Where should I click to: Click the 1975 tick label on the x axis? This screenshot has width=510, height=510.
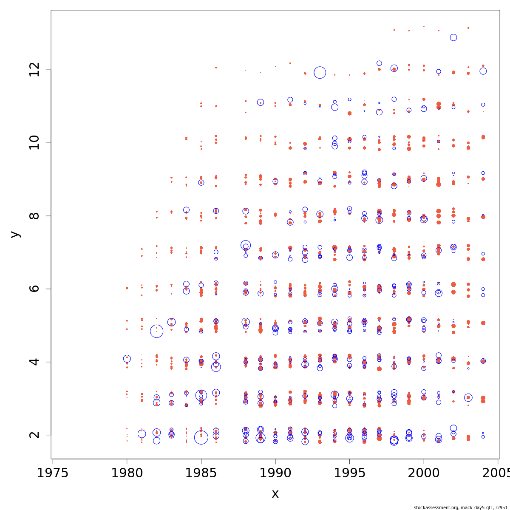click(x=53, y=473)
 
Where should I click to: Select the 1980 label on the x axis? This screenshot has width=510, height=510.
click(x=127, y=473)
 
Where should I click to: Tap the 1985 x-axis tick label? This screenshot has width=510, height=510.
click(x=201, y=473)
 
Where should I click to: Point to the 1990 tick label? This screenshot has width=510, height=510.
click(x=275, y=473)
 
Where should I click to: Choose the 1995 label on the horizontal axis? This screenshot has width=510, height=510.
click(x=349, y=473)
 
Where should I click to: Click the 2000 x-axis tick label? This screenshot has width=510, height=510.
click(x=424, y=473)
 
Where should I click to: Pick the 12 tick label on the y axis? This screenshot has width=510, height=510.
click(x=35, y=70)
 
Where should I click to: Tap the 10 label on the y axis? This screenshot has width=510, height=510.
click(x=35, y=143)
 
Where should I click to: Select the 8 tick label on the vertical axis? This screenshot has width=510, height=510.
click(x=35, y=216)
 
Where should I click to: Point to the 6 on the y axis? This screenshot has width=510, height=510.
click(x=35, y=289)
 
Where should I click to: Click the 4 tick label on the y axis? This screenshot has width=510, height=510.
click(x=35, y=362)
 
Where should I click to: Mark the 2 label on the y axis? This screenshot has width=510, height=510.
click(x=35, y=435)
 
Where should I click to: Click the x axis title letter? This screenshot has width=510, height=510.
click(x=275, y=494)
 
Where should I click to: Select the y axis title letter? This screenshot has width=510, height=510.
click(x=15, y=234)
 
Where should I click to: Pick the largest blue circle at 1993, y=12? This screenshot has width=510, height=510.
click(x=320, y=73)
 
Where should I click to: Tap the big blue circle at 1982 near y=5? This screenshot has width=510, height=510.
click(x=156, y=331)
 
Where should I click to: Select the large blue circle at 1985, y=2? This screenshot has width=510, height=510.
click(x=201, y=437)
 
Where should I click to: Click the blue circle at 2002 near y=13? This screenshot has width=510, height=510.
click(x=453, y=37)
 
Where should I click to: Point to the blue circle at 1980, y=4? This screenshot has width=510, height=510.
click(x=127, y=359)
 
